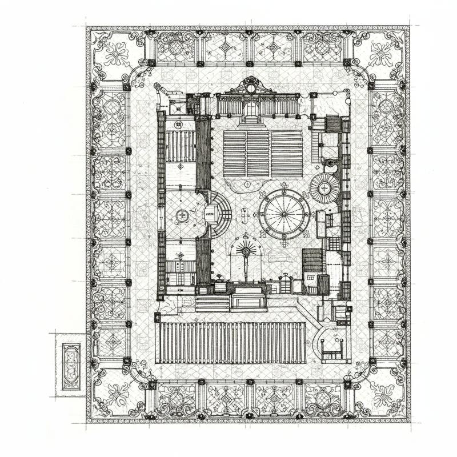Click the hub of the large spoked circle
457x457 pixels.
click(x=284, y=214)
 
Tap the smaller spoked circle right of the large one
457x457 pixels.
click(x=324, y=187)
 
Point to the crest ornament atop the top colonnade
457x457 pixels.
click(x=250, y=85)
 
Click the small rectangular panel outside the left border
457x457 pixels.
click(x=71, y=366)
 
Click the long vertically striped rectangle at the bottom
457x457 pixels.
click(x=231, y=343)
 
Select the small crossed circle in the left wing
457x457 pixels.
click(x=182, y=215)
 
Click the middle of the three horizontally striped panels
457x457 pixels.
click(x=258, y=154)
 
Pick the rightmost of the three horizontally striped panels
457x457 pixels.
click(x=287, y=154)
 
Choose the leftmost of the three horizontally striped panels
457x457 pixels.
click(x=234, y=154)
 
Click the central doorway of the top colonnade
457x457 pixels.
click(x=251, y=109)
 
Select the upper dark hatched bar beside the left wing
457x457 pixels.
click(x=203, y=153)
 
